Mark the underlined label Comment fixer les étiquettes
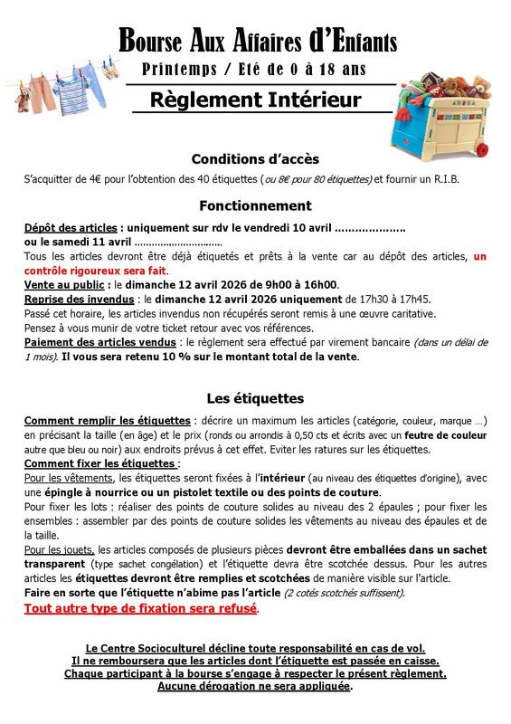point(99,463)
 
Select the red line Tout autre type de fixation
point(141,610)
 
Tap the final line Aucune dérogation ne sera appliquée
point(254,686)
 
